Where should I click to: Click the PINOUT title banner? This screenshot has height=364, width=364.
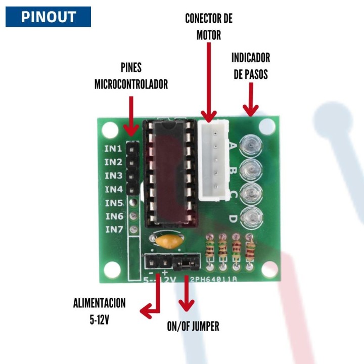[x=48, y=17]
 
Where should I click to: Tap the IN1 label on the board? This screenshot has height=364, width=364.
[x=113, y=149]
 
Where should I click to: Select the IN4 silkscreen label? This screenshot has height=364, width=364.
[x=113, y=189]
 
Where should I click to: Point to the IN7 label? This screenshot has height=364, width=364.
[x=113, y=229]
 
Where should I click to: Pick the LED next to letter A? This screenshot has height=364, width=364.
[x=251, y=146]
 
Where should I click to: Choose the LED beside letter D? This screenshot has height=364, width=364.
[x=251, y=217]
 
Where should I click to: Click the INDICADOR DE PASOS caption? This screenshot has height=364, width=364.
[x=251, y=65]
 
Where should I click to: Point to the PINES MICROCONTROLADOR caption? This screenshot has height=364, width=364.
[x=131, y=76]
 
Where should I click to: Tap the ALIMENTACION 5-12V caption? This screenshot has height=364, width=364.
[x=99, y=311]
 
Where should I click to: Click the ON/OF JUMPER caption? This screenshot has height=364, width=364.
[x=193, y=326]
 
